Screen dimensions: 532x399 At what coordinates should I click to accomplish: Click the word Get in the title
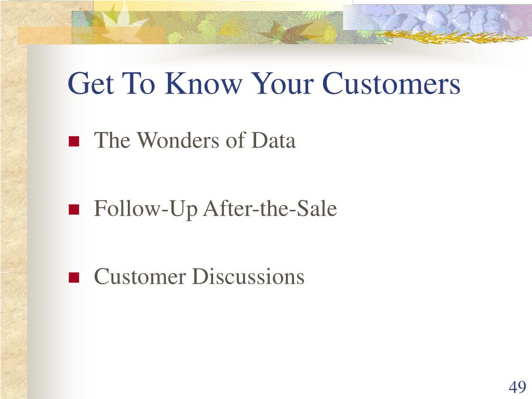(x=90, y=83)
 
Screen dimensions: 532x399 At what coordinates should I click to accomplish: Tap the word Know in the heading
(x=204, y=83)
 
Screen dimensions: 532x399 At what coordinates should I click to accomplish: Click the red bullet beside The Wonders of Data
(x=74, y=141)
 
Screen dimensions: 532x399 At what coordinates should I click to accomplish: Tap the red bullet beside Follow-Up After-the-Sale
(x=74, y=209)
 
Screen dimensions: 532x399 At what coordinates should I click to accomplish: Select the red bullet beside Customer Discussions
(x=74, y=277)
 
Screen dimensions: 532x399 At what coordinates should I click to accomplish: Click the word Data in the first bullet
(x=273, y=140)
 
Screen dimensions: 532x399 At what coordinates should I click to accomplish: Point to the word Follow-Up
(x=145, y=209)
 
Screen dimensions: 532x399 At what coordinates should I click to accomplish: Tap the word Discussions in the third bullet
(x=248, y=276)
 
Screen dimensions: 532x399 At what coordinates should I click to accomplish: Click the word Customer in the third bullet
(x=140, y=276)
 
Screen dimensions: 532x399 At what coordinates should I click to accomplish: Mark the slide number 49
(x=517, y=387)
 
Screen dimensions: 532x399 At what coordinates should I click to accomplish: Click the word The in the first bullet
(x=112, y=140)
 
